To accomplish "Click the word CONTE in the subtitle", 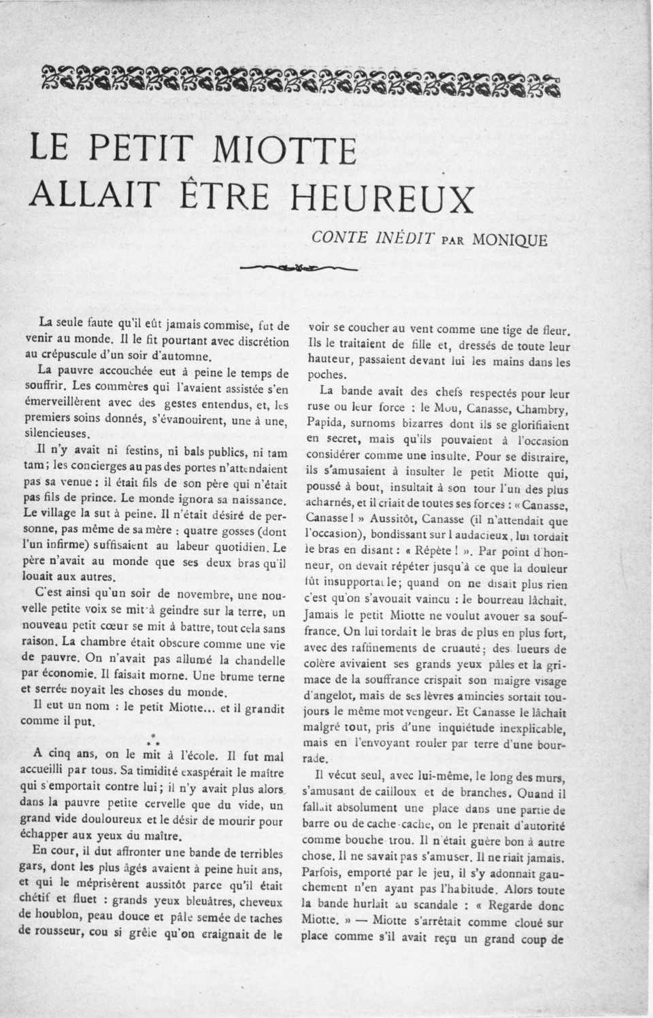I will pyautogui.click(x=338, y=238).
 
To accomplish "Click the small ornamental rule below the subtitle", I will pyautogui.click(x=299, y=267).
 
